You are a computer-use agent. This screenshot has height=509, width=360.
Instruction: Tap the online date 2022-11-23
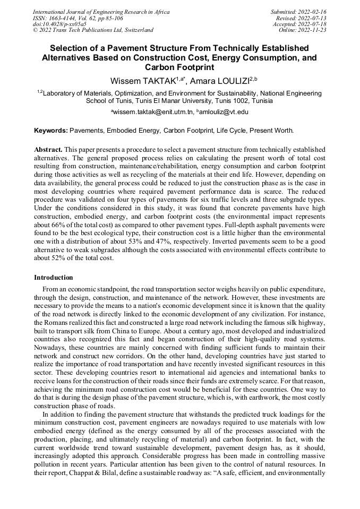[x=313, y=30]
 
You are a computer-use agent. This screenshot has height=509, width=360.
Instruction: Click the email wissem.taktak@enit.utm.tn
[x=153, y=112]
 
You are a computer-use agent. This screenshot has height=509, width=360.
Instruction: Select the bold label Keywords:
[x=51, y=131]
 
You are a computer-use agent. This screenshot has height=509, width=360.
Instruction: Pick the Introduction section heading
[x=54, y=278]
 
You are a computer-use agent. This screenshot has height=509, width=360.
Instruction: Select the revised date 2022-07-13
[x=313, y=18]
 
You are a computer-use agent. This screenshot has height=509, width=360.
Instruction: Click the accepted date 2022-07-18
[x=313, y=24]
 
